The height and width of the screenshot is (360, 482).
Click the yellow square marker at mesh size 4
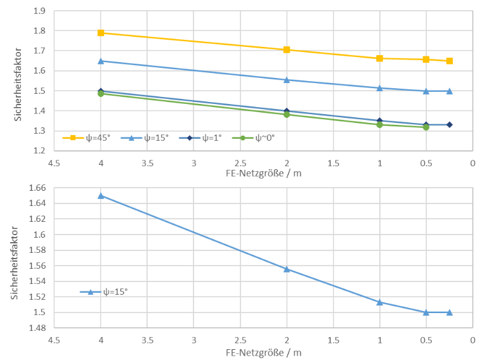[x=101, y=33]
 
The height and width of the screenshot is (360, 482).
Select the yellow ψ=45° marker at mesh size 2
[x=287, y=50]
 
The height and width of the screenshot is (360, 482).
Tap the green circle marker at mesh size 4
[x=101, y=93]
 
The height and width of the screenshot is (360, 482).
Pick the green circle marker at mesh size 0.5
[x=426, y=127]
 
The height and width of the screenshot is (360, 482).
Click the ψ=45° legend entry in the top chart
[x=86, y=138]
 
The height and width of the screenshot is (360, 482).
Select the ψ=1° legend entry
[x=200, y=138]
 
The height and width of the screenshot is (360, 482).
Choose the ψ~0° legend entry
[x=253, y=138]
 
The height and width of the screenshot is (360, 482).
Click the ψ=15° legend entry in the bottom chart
[x=104, y=292]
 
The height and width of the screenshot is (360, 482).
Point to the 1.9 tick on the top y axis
[x=39, y=11]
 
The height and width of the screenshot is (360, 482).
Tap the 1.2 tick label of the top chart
[x=39, y=150]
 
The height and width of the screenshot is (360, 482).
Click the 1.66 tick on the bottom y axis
[x=37, y=188]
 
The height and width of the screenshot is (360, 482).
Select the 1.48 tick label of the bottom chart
[x=37, y=328]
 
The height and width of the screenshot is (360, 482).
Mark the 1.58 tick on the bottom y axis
[x=37, y=250]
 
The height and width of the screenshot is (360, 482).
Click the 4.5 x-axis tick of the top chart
[x=54, y=163]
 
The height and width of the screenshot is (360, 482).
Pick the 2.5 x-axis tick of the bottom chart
[x=240, y=340]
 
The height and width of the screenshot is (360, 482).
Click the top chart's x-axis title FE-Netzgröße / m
[x=263, y=174]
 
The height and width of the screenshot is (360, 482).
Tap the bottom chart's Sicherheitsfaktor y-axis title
[x=15, y=263]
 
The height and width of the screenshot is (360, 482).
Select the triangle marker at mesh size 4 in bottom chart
[x=101, y=196]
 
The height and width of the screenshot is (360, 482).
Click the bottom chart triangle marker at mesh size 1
[x=380, y=302]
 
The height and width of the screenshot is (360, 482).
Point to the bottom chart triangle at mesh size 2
[x=287, y=269]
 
